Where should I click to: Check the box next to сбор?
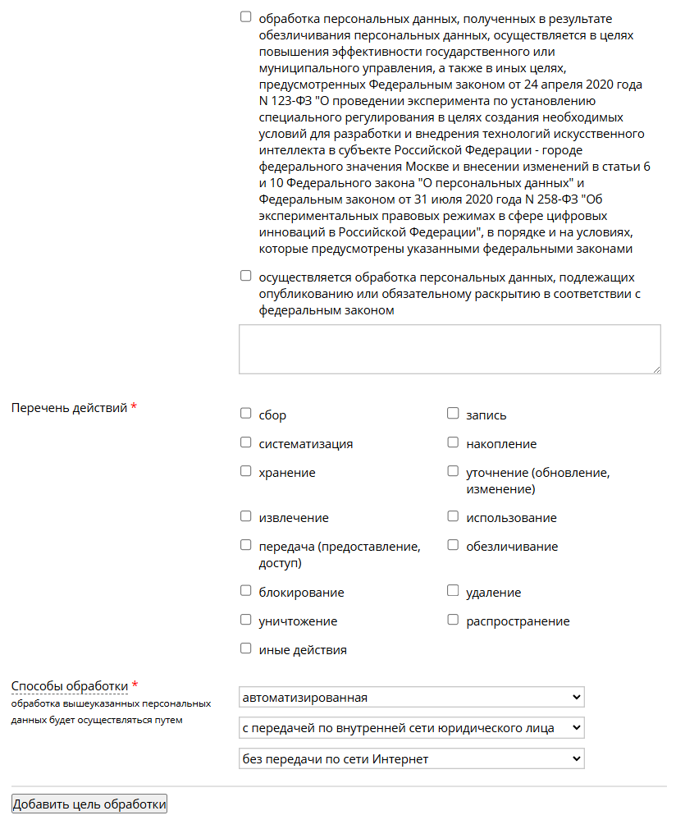245,414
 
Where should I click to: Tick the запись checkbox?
453,414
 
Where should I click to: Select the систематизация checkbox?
245,442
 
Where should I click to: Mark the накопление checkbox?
453,442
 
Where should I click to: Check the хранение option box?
245,471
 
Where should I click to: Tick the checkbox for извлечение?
245,516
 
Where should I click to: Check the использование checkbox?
453,516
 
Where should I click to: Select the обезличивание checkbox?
453,545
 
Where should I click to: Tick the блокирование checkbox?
245,591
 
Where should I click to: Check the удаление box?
453,591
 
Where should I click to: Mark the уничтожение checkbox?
245,620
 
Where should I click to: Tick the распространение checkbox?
453,620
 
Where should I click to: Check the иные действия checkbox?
245,648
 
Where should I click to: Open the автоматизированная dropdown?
411,697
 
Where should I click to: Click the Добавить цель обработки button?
89,804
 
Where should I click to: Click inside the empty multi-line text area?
450,349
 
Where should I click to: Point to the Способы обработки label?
70,686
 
